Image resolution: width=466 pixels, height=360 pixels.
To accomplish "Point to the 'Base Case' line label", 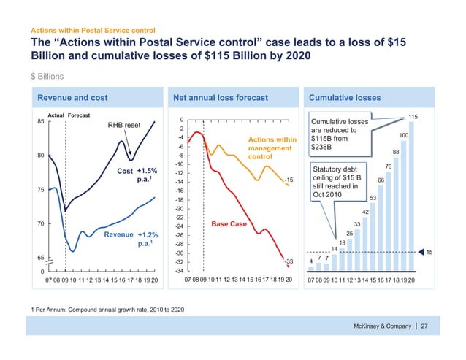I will click(228, 224).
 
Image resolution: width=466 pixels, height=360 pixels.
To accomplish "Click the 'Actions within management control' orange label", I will click(272, 148).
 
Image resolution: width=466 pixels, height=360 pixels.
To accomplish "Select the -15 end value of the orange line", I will click(289, 180).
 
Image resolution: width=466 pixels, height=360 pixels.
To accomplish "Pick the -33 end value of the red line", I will click(289, 261).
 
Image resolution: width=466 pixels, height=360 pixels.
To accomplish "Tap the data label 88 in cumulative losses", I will click(396, 152).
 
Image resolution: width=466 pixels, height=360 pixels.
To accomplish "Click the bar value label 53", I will click(373, 198).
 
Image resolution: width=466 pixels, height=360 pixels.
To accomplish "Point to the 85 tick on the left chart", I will click(41, 122).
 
